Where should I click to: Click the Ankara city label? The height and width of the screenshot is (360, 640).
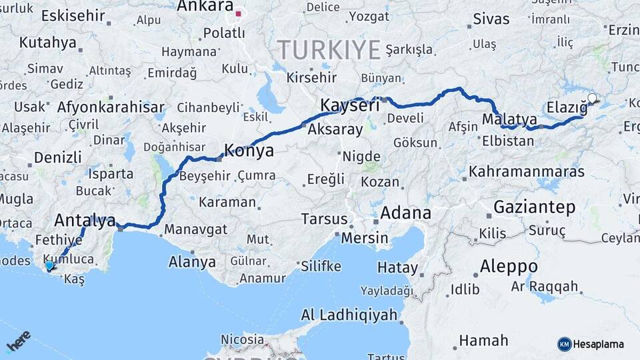click(205, 7)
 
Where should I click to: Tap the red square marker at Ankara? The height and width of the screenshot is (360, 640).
click(238, 13)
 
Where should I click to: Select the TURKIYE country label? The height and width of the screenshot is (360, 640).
click(329, 50)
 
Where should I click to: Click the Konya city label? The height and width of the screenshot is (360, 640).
click(249, 151)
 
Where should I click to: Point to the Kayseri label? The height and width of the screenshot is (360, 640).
click(349, 105)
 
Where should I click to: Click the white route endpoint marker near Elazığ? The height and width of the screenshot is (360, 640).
click(592, 99)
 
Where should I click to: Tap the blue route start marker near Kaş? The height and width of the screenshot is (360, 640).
click(49, 265)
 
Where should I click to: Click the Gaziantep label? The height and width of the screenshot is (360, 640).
click(535, 207)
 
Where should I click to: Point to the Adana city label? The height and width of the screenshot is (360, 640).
click(405, 213)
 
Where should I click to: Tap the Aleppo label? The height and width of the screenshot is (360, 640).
click(505, 266)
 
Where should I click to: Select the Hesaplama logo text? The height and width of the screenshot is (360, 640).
click(599, 344)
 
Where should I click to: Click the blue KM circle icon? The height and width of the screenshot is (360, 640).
click(564, 344)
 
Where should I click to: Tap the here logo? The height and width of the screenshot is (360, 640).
click(19, 342)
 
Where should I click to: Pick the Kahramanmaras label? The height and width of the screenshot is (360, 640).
click(527, 172)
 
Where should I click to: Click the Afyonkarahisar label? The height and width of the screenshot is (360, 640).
click(111, 107)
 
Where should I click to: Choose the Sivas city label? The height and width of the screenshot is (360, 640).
click(491, 19)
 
